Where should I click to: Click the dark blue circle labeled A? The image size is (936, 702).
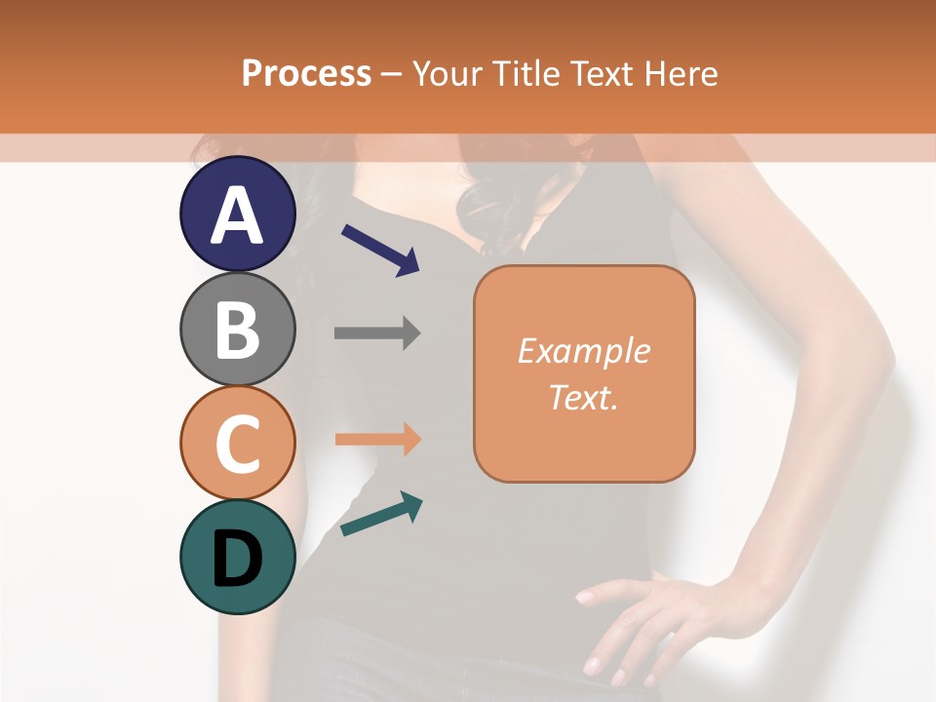[238, 214]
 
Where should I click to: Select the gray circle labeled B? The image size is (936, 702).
[238, 329]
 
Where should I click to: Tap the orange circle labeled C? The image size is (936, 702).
[238, 443]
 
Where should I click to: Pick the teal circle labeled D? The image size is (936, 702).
[238, 557]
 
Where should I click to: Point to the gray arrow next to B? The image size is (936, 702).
[377, 332]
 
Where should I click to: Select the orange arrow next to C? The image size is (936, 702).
[377, 440]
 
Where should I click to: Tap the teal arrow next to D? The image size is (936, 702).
[381, 514]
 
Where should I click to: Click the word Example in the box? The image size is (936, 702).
[584, 350]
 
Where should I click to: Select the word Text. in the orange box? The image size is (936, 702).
[584, 397]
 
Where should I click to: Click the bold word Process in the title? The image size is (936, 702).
[306, 73]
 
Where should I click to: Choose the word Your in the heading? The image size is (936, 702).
[448, 73]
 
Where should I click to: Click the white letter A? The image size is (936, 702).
[238, 214]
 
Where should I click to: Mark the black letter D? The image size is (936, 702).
[238, 559]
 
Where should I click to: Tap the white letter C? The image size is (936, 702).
[238, 445]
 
